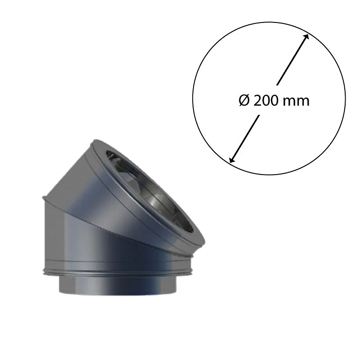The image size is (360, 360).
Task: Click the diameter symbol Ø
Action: tap(244, 101)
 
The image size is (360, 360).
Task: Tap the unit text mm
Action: tap(296, 102)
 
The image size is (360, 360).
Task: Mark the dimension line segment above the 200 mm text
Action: tap(292, 60)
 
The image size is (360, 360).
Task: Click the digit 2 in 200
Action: tap(257, 101)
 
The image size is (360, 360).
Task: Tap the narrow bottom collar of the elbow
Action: tap(118, 285)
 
